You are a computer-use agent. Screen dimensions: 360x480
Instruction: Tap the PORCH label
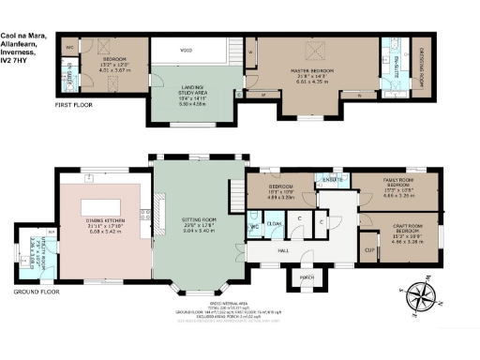(306, 278)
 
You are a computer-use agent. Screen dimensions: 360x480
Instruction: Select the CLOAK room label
(275, 224)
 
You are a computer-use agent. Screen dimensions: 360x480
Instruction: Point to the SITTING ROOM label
(197, 222)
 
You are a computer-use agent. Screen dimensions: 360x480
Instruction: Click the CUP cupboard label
(367, 249)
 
